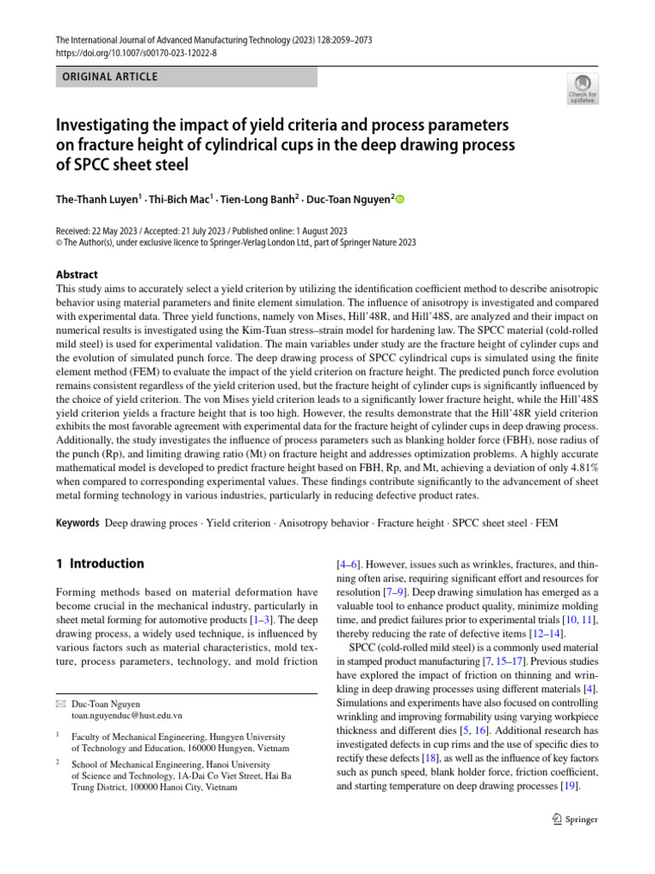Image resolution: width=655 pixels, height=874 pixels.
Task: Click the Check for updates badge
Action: (583, 88)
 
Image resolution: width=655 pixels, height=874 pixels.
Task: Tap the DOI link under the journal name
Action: (136, 52)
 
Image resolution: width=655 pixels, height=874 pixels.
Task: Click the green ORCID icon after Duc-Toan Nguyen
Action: (399, 199)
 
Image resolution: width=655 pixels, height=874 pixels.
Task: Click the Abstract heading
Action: (76, 275)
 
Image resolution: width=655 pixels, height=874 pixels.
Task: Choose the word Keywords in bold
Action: (77, 521)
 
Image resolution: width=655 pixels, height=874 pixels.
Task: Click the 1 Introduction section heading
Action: (99, 563)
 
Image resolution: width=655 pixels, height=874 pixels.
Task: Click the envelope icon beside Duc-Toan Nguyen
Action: (60, 702)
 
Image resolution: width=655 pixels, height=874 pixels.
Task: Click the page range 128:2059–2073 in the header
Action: (337, 40)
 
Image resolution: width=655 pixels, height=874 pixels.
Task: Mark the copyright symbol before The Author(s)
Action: (58, 242)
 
